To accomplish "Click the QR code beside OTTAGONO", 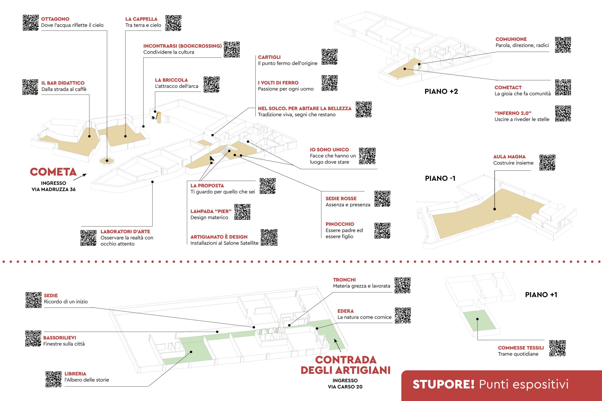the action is pos(31,23).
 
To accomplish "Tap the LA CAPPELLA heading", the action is pos(141,19).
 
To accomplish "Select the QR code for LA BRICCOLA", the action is pos(211,84).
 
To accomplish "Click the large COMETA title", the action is pos(53,172).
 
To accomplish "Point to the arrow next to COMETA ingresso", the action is pos(80,177).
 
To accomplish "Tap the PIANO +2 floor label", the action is pos(441,91).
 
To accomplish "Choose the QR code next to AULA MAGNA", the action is pos(547,162).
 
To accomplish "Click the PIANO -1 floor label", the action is pos(440,178).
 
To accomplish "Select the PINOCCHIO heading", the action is pos(340,224).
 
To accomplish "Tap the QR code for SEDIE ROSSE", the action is pos(382,199).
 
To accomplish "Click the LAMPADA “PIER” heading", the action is pos(211,211).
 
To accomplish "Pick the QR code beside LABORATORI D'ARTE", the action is pos(89,238).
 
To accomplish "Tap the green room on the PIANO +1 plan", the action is pos(478,320).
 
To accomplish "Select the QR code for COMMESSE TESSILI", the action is pos(558,348).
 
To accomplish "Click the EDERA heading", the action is pos(345,311).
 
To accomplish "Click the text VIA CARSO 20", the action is pos(345,387).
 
